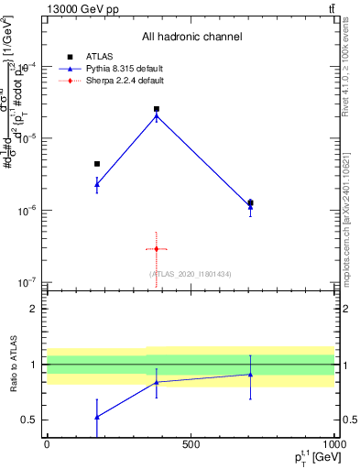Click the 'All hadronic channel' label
point(191,37)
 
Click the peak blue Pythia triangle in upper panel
point(157,116)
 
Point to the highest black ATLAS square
point(157,109)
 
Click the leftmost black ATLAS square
point(97,164)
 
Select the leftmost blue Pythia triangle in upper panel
point(97,184)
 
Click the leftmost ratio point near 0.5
point(97,417)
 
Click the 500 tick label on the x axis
point(190,444)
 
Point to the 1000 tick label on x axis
point(333,444)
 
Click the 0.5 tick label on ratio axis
point(30,420)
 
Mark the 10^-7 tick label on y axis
point(27,282)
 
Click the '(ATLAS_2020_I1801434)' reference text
point(190,274)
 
